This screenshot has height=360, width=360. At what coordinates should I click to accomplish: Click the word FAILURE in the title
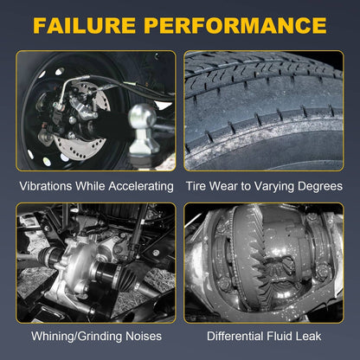pos(85,25)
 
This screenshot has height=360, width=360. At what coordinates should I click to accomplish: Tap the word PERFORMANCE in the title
pos(235,25)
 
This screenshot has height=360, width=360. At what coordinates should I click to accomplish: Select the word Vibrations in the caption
pos(46,186)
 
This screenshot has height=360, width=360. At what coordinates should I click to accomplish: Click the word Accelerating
pos(141,187)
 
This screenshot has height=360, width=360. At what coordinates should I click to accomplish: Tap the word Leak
pos(308,336)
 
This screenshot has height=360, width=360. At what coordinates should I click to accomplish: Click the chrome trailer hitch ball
pos(142,118)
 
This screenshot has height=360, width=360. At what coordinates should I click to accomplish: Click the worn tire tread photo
pos(264,111)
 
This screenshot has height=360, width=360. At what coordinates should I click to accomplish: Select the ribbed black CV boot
pos(125,278)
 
